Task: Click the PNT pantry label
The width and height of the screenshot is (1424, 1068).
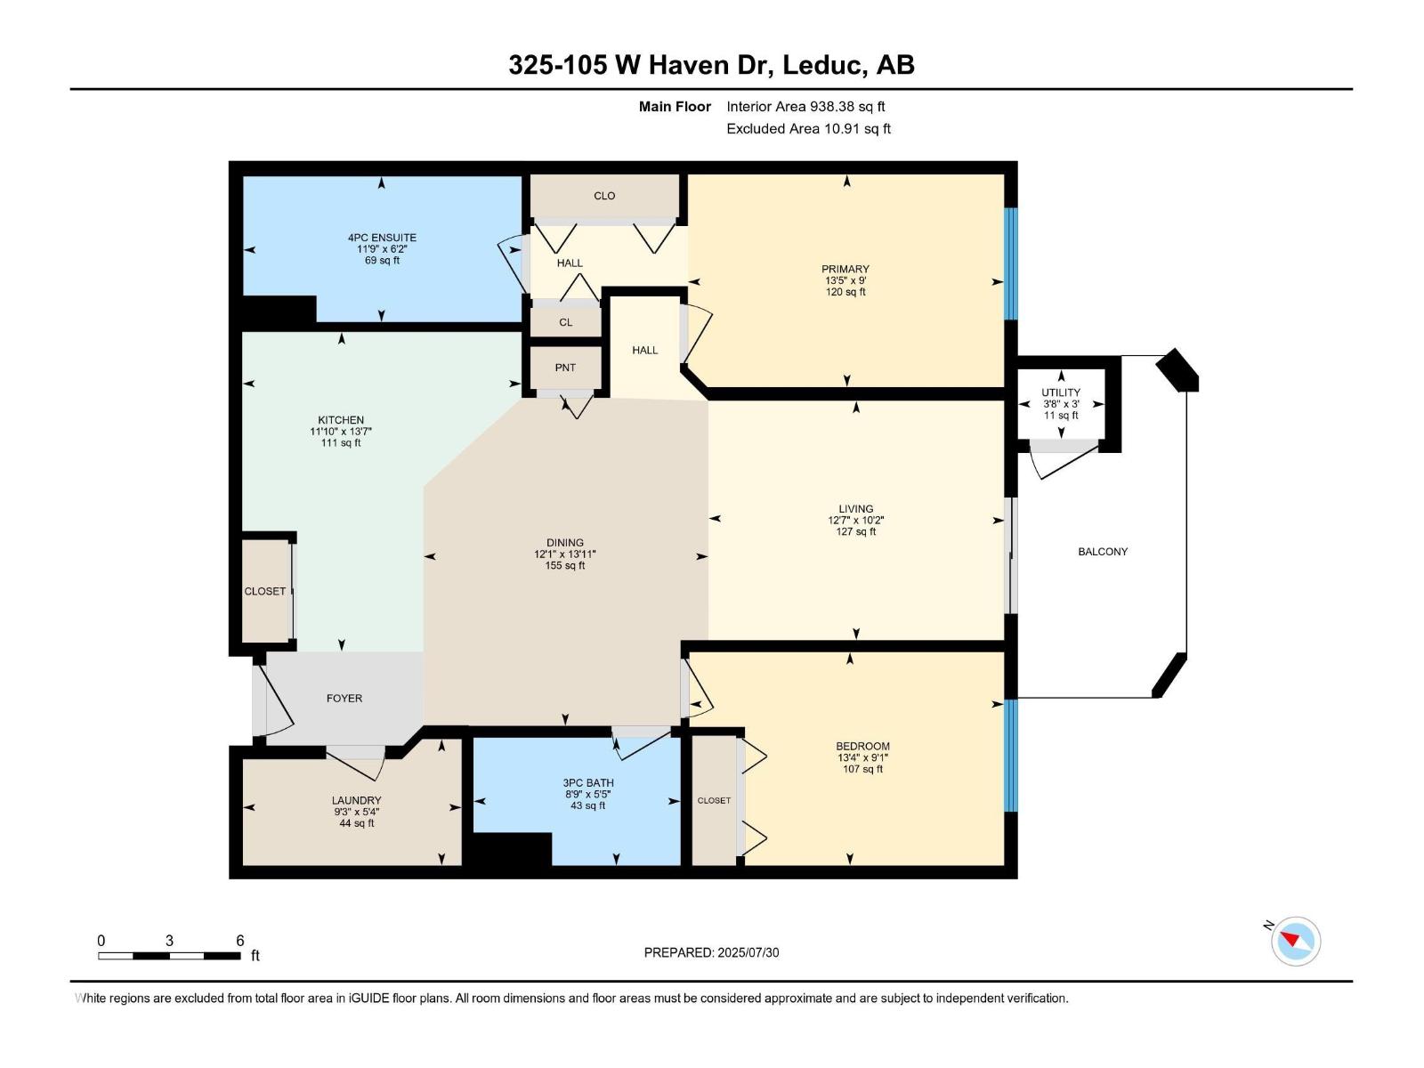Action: pos(565,368)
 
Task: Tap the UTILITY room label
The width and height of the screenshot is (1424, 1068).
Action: pos(1061,392)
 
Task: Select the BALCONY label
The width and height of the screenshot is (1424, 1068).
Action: pos(1103,552)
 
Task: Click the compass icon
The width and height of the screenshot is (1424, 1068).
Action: pos(1295,941)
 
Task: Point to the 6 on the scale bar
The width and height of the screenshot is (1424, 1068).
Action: pos(239,941)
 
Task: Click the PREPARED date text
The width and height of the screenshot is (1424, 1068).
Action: pos(711,952)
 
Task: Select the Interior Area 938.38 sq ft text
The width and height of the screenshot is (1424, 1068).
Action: pos(805,107)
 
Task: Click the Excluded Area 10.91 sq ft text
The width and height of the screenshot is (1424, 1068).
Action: pos(808,129)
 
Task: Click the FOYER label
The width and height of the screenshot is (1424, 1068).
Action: pos(344,699)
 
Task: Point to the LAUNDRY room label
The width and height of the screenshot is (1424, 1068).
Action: pos(356,800)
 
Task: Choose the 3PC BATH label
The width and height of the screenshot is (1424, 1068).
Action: pos(588,783)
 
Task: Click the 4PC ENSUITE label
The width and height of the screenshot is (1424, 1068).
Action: pos(382,238)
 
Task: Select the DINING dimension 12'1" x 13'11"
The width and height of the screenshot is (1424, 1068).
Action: pos(565,554)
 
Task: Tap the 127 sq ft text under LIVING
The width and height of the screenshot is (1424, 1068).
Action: pos(855,532)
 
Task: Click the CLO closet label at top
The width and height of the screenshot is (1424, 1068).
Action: pos(604,196)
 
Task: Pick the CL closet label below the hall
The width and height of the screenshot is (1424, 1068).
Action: pos(566,322)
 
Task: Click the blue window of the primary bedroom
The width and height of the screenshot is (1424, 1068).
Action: pos(1010,263)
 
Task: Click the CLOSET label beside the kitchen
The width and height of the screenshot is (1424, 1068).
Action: pos(265,591)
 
